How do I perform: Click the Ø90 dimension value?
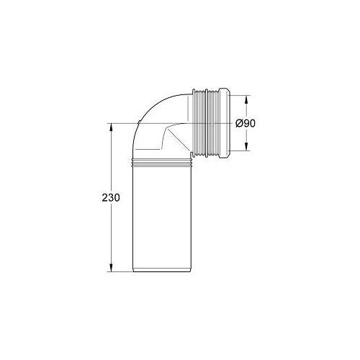pos(246,124)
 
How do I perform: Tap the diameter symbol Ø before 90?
pos(238,124)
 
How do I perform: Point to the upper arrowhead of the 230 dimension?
pos(112,127)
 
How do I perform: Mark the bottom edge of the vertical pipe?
pos(163,271)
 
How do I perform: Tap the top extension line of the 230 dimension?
pos(122,124)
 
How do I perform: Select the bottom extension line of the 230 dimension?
pos(122,272)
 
